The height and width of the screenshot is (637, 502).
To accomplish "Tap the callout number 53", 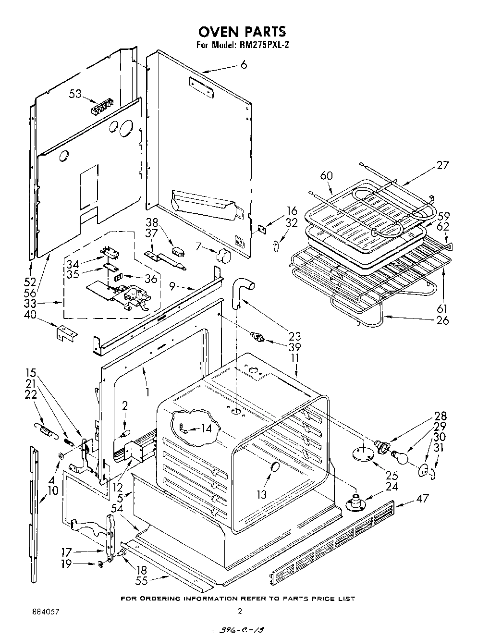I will click(75, 94).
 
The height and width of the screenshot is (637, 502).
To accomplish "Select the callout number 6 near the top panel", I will click(244, 64).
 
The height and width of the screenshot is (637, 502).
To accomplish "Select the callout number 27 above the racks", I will click(442, 165).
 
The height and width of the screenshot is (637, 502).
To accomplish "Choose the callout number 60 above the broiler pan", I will click(326, 176).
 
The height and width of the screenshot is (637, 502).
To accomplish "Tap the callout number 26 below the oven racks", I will click(442, 319).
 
